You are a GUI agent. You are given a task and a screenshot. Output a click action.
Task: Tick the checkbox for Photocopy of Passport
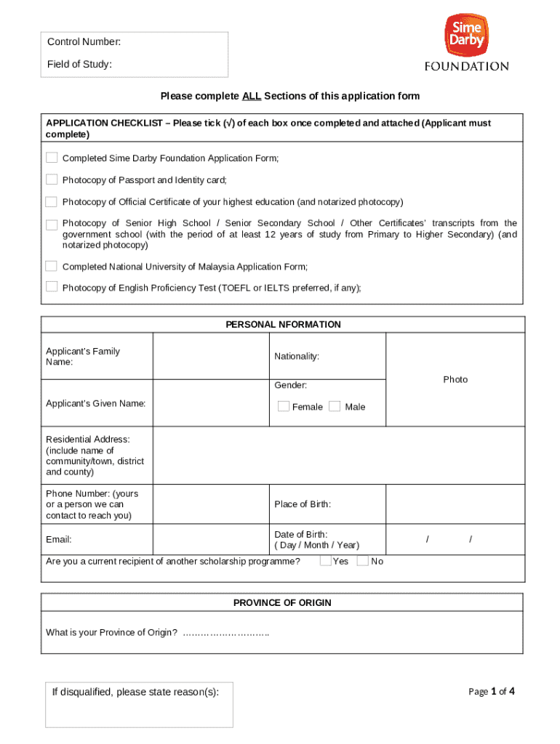(52, 179)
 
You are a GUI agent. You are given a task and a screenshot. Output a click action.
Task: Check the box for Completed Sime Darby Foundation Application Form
(52, 158)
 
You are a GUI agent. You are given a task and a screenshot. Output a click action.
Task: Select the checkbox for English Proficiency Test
(52, 286)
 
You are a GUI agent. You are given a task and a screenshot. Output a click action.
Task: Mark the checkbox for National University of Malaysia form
(52, 266)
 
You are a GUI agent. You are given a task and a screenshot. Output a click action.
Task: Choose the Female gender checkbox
(284, 406)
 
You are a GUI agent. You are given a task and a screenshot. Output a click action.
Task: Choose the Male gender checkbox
(335, 406)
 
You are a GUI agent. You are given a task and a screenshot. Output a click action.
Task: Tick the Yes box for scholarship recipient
(326, 561)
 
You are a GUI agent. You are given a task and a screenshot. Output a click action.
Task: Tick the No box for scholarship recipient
(362, 561)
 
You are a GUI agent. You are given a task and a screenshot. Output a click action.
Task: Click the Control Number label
(84, 42)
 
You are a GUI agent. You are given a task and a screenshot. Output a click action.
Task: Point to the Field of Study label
(79, 65)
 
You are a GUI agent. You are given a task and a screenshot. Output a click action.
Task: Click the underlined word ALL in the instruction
(252, 96)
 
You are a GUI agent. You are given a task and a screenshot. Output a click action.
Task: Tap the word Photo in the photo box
(455, 379)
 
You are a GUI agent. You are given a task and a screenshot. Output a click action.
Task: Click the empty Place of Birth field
(455, 504)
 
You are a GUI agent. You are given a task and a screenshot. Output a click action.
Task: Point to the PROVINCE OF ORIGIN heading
(282, 603)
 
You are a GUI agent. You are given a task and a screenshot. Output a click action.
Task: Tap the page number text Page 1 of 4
(492, 692)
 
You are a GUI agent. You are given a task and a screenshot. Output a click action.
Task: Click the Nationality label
(296, 356)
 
